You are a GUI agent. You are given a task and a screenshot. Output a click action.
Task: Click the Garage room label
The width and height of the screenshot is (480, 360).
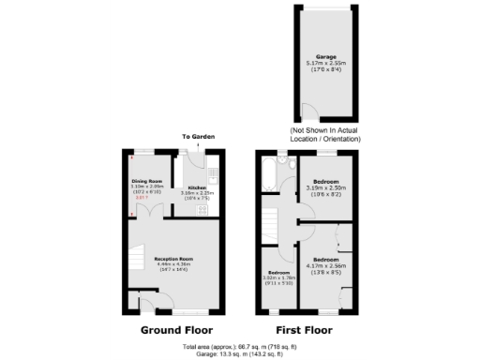pos(325,56)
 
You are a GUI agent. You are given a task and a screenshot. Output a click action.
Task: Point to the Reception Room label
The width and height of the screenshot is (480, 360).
pos(173,258)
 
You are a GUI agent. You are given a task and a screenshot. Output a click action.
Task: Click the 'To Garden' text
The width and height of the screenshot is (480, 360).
pos(199,138)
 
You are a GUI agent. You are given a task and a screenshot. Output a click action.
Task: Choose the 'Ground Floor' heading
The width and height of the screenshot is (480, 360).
pos(176,330)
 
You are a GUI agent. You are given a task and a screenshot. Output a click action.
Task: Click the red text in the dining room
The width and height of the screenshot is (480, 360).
pos(142,198)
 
